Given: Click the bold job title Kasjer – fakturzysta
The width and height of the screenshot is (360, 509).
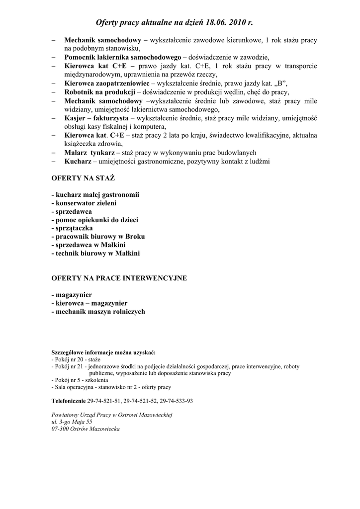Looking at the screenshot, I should click(x=96, y=118).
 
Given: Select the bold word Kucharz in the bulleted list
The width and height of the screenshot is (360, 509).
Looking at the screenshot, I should click(x=78, y=162).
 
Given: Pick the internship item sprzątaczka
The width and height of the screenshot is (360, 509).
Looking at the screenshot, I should click(x=72, y=228).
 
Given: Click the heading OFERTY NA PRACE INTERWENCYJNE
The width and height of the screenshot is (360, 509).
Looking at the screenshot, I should click(x=119, y=278).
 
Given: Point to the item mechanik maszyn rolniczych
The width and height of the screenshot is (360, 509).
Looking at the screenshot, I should click(x=98, y=312).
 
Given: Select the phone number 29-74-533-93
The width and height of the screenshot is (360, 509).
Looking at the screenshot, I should click(x=177, y=401).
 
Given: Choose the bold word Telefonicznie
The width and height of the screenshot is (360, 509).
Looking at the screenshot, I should click(x=69, y=401).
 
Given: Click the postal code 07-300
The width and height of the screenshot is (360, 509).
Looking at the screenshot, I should click(x=61, y=428).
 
